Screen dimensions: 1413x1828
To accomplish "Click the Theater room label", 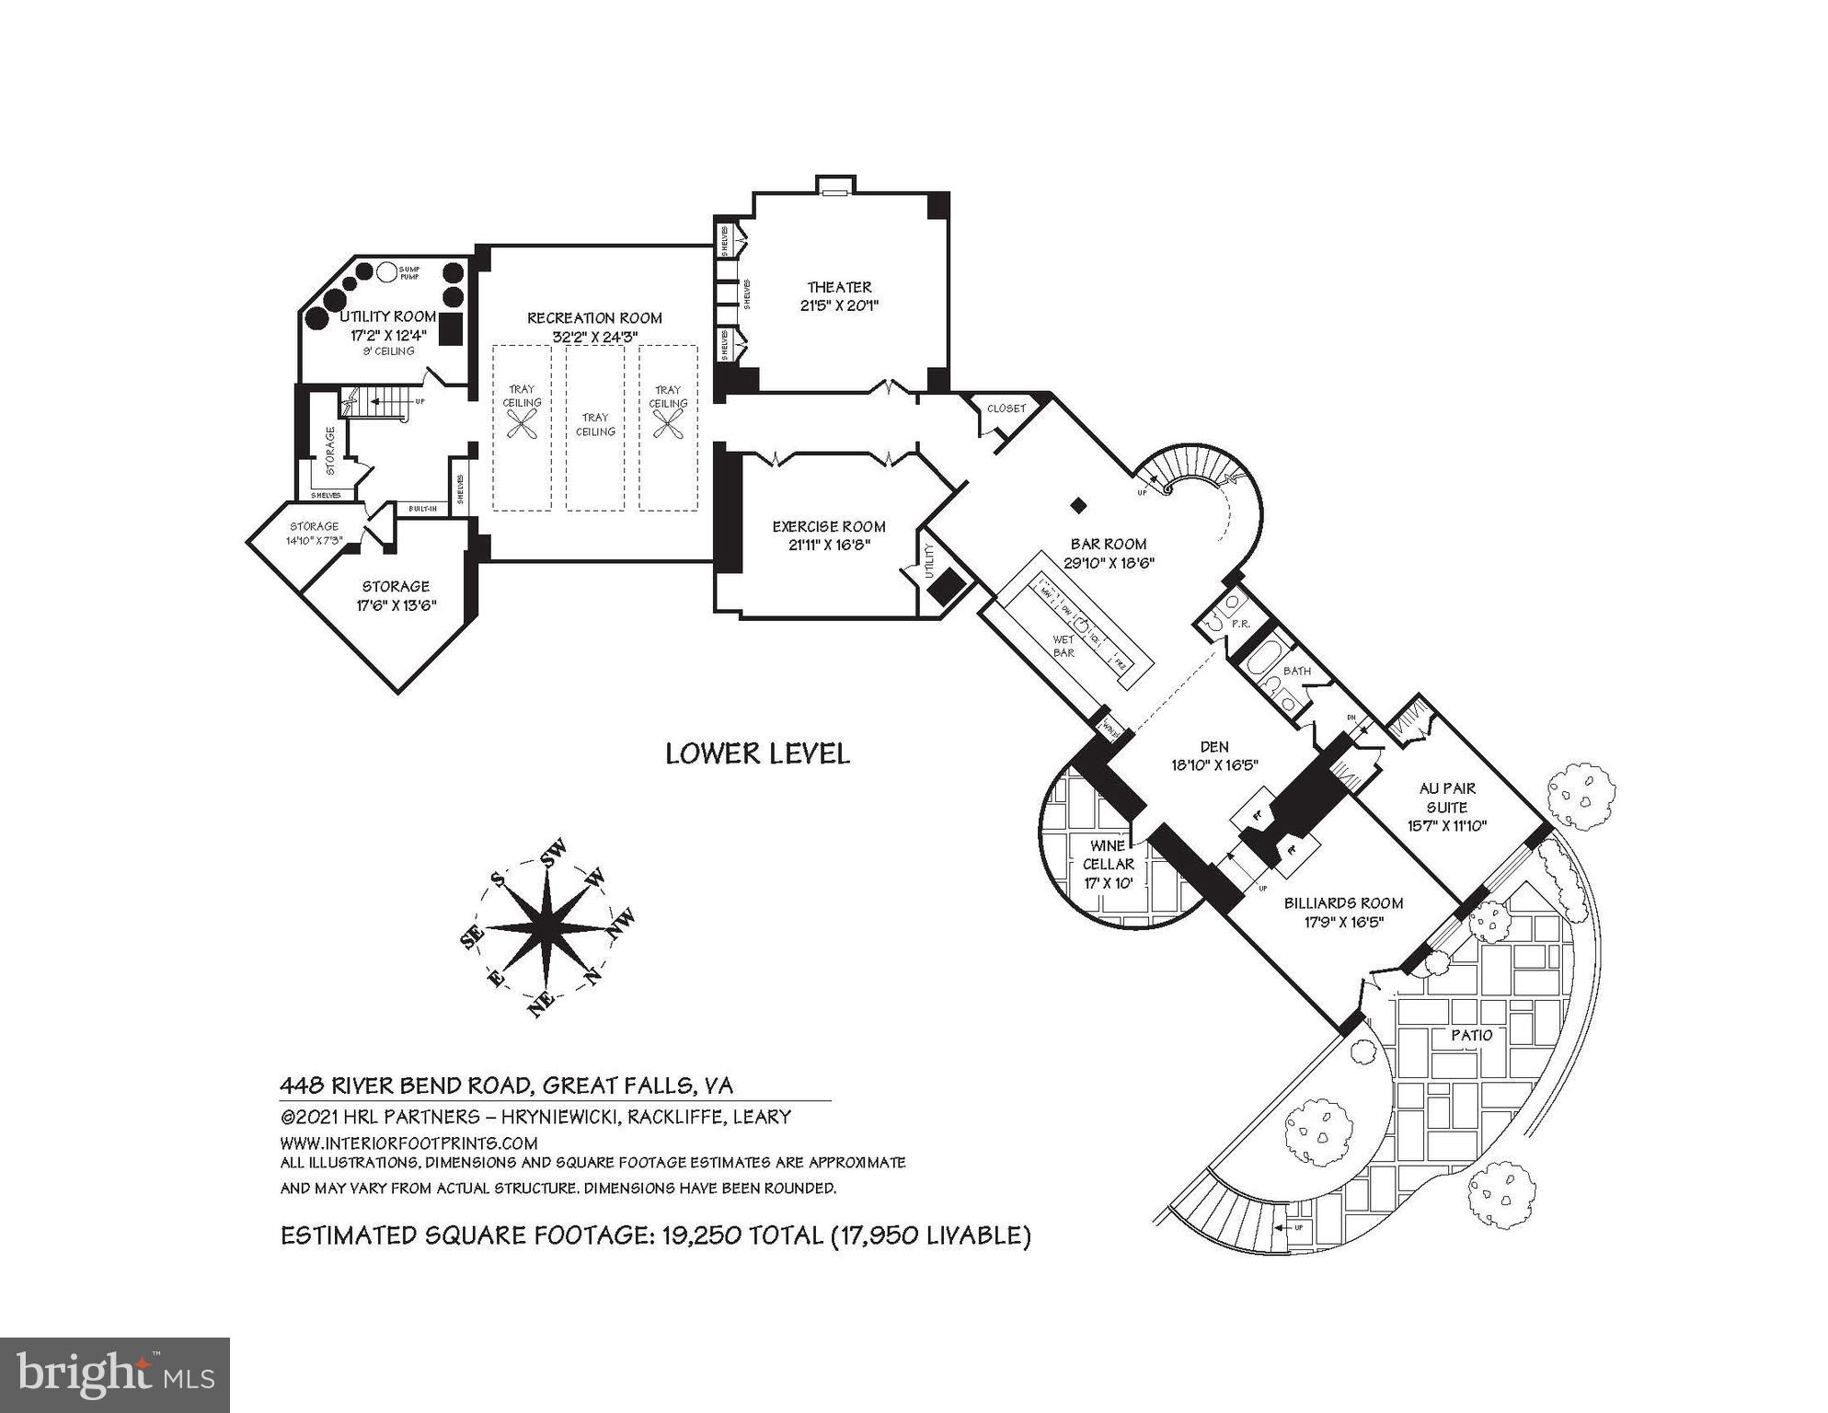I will pos(839,287).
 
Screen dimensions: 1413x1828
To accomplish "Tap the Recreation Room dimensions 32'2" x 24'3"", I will pos(594,338).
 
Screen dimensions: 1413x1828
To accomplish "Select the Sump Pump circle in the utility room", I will pos(387,272).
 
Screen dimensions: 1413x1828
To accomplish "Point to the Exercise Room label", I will pos(829,526).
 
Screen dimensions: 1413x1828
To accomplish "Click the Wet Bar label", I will pos(1063,646).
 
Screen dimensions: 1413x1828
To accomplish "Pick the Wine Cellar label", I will pos(1108,855).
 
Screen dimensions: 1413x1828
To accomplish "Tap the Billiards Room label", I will pos(1343,903).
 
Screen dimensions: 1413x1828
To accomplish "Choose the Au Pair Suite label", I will pos(1447,798).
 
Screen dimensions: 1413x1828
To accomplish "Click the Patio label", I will pos(1472,1036).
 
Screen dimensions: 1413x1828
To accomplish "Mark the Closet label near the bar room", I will pos(1006,408).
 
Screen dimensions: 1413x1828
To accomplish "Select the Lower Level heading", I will pos(757,753).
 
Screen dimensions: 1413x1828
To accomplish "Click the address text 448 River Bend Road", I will pos(406,1086).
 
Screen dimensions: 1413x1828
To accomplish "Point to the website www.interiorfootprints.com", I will pos(408,1143).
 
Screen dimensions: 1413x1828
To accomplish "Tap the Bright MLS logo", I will pos(114,1374).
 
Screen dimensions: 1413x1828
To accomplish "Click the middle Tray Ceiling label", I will pos(595,424).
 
